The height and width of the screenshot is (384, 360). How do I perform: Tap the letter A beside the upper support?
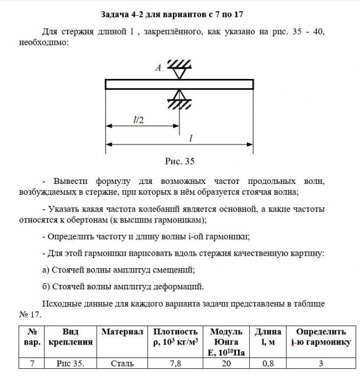coord(158,68)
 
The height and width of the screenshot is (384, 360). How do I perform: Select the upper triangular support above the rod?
coord(179,70)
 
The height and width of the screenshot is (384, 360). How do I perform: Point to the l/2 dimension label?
coord(139,120)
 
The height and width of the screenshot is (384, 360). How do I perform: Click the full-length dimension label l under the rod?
coord(191,138)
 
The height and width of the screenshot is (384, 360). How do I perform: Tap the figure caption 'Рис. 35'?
coord(179,161)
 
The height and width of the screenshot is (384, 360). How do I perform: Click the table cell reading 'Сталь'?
coord(122,363)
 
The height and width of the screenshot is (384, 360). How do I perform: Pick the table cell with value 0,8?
coord(268,363)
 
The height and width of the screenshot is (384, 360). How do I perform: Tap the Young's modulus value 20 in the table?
coord(226,363)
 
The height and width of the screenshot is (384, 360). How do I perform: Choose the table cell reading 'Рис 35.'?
coord(70,363)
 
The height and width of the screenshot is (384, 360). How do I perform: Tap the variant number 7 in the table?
coord(32,363)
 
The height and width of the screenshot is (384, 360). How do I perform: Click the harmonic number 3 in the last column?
coord(321,363)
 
